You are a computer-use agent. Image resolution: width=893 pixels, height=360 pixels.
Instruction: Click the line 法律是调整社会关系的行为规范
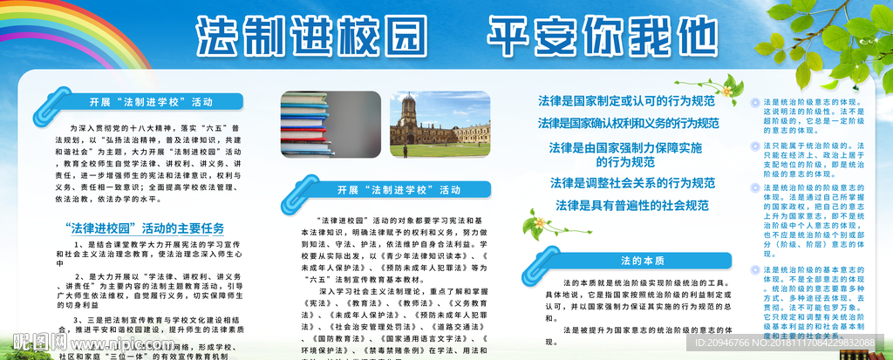[631, 183]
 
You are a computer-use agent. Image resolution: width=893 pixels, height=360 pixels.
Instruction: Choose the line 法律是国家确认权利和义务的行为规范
[628, 123]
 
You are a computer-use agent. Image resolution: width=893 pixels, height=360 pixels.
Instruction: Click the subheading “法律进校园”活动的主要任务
[145, 228]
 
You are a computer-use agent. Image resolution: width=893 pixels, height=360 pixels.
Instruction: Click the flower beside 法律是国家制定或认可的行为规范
[726, 86]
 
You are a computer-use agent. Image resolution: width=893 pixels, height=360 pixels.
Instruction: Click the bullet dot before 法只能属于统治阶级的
[756, 145]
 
